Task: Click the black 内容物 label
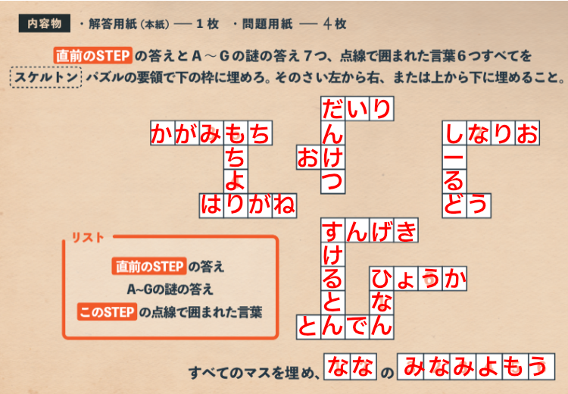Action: point(45,23)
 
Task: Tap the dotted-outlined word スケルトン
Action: point(45,77)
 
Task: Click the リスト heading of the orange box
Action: point(88,237)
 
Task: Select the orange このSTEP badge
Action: point(107,311)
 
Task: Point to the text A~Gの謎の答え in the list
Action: point(170,289)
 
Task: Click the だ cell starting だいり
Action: point(333,109)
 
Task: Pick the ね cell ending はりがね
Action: point(284,205)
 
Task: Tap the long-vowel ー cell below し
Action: point(454,158)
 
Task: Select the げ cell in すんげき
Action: point(382,230)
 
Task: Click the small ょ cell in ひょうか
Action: point(406,279)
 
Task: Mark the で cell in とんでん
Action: point(357,327)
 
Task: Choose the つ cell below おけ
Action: point(333,181)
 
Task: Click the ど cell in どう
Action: point(454,205)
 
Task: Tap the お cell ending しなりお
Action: point(527,133)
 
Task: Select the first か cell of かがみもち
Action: point(163,133)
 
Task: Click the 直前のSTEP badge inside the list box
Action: point(149,266)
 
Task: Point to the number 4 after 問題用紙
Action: point(327,24)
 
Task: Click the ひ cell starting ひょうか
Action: point(382,279)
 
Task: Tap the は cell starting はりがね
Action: point(211,205)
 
